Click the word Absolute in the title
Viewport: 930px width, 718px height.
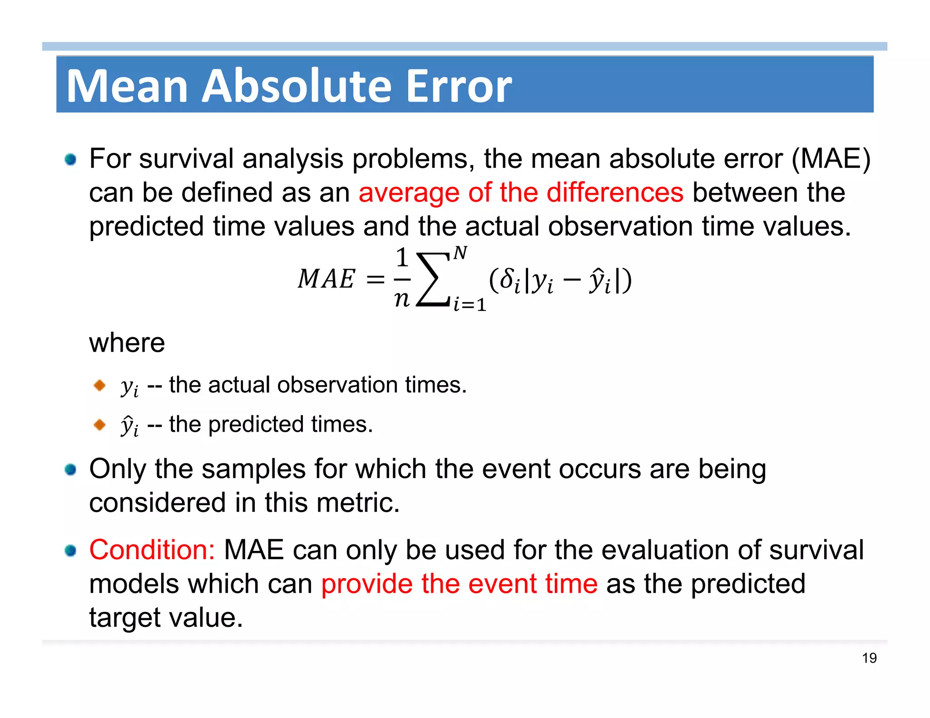click(x=297, y=86)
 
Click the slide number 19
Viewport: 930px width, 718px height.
click(x=869, y=658)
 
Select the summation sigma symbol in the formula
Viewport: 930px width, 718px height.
click(x=433, y=280)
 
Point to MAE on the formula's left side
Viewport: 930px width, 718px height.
click(x=326, y=279)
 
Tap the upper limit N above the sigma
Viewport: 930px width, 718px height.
click(x=460, y=253)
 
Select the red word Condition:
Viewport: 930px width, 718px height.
click(x=152, y=550)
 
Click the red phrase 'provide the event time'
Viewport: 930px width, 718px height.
click(x=459, y=584)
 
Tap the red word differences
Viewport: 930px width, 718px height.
click(x=614, y=192)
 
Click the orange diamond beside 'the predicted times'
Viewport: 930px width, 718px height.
click(x=99, y=425)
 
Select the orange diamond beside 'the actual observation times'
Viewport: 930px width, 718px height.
click(x=99, y=386)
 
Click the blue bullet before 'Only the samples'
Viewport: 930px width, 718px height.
click(x=70, y=469)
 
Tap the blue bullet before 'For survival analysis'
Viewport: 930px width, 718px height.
click(x=70, y=159)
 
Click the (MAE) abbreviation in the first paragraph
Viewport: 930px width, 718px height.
click(x=831, y=159)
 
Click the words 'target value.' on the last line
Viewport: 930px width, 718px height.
click(x=166, y=617)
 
